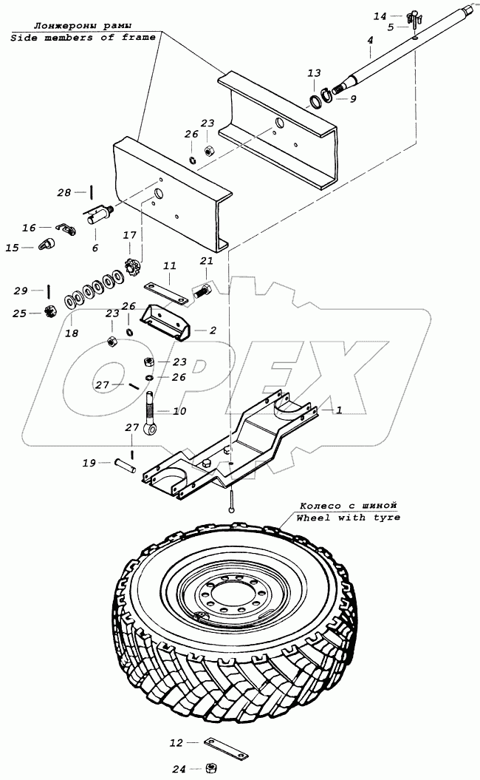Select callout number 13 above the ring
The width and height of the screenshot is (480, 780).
[314, 73]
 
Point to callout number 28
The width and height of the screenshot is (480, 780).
[64, 193]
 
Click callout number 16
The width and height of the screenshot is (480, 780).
[29, 228]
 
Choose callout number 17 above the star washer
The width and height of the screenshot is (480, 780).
[130, 236]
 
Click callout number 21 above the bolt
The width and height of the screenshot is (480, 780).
[206, 261]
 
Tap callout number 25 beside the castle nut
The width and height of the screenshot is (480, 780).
[18, 313]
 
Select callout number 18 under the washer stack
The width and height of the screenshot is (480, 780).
[71, 333]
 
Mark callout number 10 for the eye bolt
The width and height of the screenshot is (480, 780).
[179, 411]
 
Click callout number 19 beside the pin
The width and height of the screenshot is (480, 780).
[89, 464]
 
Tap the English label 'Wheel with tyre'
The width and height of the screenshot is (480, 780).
[348, 518]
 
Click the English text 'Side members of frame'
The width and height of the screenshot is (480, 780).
[83, 37]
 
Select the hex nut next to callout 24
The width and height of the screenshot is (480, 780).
[210, 769]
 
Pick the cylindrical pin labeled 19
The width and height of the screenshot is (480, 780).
[123, 466]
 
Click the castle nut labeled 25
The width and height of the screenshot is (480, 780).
[52, 313]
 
